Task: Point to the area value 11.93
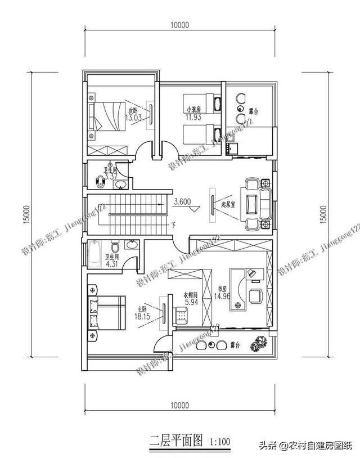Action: coord(193,118)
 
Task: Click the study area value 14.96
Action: coord(223,298)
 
